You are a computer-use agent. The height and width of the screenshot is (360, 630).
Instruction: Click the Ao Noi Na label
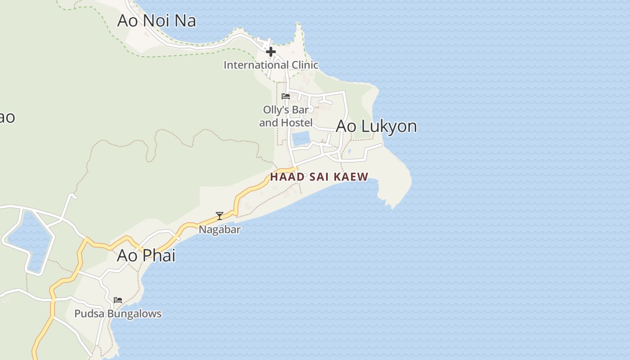pyautogui.click(x=156, y=21)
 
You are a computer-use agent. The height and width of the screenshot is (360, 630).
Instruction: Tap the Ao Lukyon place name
pyautogui.click(x=376, y=126)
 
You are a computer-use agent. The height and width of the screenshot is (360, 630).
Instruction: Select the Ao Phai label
pyautogui.click(x=146, y=256)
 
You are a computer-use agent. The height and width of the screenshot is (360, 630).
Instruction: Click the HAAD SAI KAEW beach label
pyautogui.click(x=319, y=177)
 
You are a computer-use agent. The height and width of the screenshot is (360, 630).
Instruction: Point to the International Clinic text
pyautogui.click(x=271, y=65)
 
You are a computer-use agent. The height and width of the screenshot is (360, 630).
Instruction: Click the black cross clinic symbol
pyautogui.click(x=270, y=52)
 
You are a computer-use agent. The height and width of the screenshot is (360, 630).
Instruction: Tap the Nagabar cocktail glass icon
pyautogui.click(x=220, y=216)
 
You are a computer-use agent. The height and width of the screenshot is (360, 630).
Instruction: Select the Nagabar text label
pyautogui.click(x=220, y=229)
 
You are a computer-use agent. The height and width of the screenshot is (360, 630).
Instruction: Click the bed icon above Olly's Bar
pyautogui.click(x=285, y=96)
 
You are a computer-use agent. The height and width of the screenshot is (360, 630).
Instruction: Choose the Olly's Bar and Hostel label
pyautogui.click(x=286, y=116)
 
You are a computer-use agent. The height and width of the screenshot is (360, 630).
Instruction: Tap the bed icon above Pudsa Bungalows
pyautogui.click(x=118, y=300)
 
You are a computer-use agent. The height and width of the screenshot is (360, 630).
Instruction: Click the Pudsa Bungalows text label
pyautogui.click(x=118, y=314)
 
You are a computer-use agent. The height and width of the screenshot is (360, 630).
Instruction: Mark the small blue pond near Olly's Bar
pyautogui.click(x=301, y=138)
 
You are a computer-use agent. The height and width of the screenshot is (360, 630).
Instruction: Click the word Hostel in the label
pyautogui.click(x=297, y=122)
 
